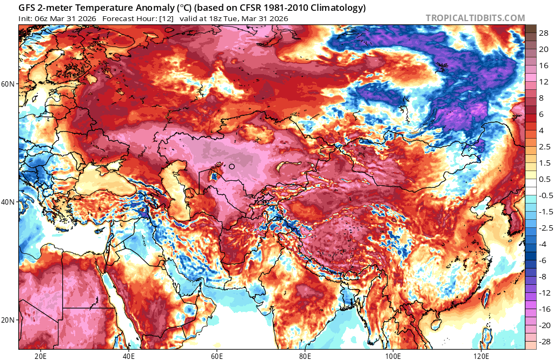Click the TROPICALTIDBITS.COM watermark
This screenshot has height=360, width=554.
coord(475,18)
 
